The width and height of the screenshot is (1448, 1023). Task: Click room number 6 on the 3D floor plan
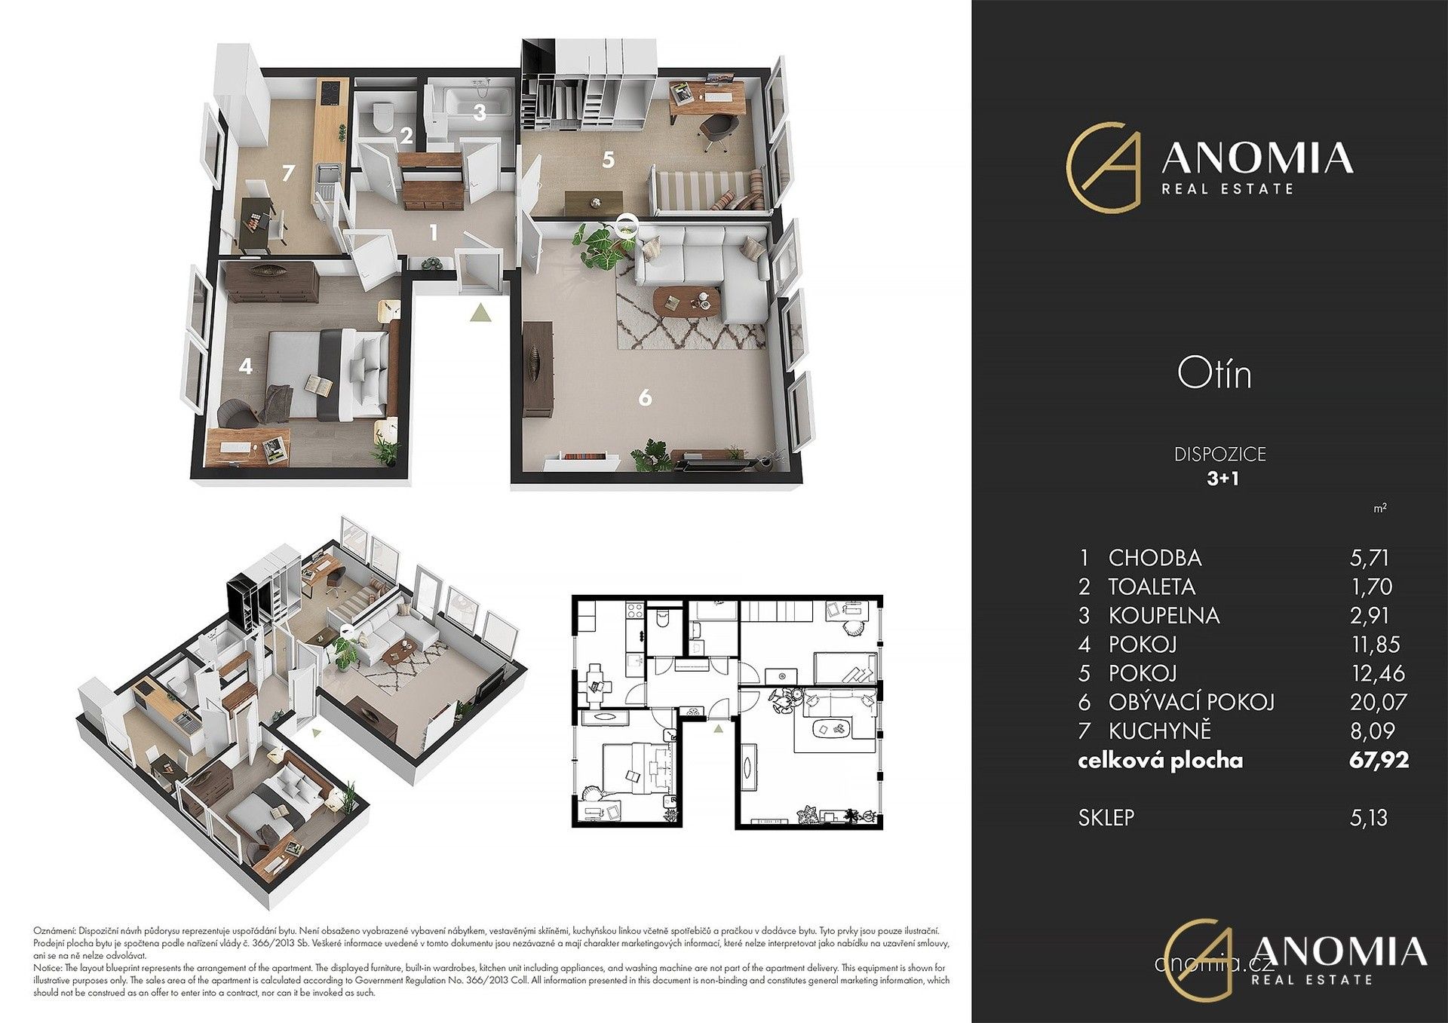[644, 397]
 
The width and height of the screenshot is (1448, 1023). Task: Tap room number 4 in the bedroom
[244, 367]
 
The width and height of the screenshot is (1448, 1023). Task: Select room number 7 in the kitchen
[287, 173]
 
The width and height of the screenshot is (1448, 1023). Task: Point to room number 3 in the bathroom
[479, 113]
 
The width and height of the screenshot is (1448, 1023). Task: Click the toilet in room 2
[383, 117]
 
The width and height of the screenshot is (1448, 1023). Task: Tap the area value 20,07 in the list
[1379, 702]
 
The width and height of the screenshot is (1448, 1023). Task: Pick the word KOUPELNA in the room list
[1163, 616]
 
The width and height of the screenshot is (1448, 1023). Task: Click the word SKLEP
[1106, 818]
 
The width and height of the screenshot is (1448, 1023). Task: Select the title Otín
[1214, 375]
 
